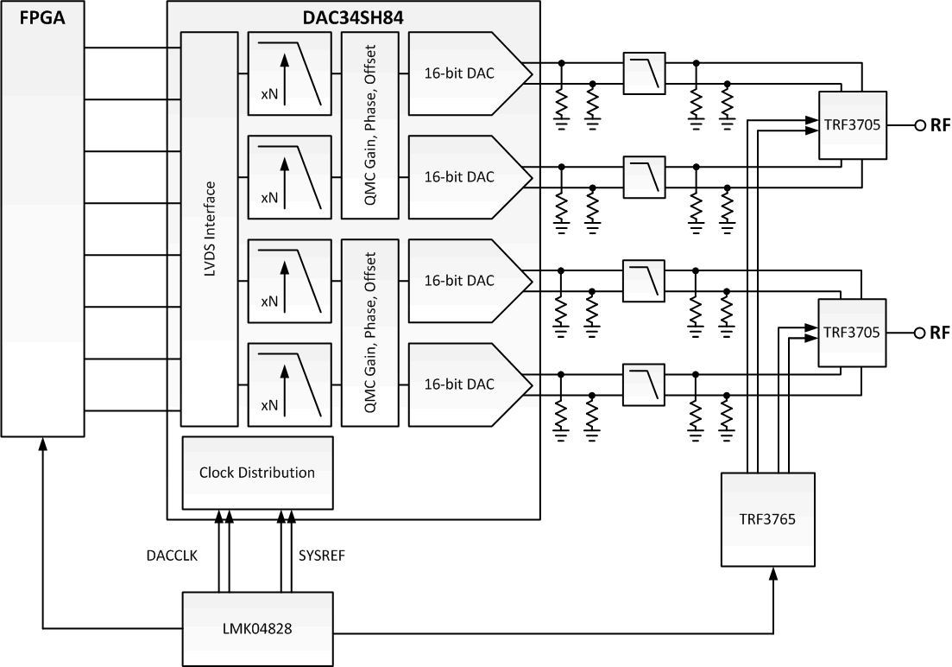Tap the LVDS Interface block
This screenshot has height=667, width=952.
(209, 229)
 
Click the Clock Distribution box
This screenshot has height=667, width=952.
(257, 473)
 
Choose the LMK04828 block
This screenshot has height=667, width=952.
(257, 628)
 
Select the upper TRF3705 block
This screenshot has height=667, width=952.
(852, 124)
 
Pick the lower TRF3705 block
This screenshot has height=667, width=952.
(852, 332)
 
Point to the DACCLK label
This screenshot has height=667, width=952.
(173, 556)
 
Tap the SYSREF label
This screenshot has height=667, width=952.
(321, 556)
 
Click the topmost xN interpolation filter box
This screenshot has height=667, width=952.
(289, 73)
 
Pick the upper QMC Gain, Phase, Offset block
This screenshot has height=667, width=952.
(369, 125)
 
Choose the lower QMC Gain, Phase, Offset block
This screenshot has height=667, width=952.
(369, 332)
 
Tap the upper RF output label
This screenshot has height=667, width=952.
(940, 125)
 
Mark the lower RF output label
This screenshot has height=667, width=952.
(940, 333)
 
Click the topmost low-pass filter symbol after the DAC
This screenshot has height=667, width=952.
(644, 73)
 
